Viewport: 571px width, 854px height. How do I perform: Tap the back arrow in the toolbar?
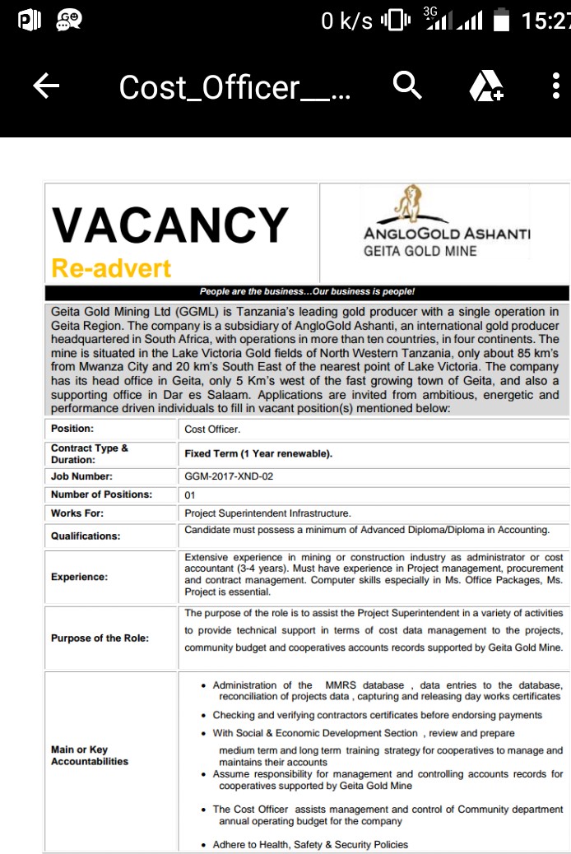tap(47, 86)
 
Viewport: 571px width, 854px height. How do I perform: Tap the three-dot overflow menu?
tap(557, 86)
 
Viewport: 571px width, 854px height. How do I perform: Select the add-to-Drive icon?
tap(485, 86)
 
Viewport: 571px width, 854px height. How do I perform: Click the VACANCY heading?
tap(169, 225)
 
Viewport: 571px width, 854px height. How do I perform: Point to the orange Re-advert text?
tap(111, 268)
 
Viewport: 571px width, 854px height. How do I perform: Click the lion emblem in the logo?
tap(408, 203)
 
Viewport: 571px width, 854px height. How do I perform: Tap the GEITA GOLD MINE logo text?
tap(420, 251)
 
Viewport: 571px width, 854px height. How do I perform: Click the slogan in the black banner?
tap(307, 292)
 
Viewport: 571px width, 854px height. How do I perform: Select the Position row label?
tap(72, 429)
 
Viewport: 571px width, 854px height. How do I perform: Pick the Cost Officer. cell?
tap(212, 429)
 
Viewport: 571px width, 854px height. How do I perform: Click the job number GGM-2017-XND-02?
tap(229, 476)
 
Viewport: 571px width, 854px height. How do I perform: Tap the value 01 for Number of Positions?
tap(190, 495)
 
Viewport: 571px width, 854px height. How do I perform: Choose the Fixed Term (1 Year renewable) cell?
tap(258, 453)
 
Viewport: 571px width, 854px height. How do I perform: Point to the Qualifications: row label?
tap(86, 536)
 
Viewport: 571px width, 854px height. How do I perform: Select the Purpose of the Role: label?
tap(100, 638)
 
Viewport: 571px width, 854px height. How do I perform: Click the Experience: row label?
tap(79, 577)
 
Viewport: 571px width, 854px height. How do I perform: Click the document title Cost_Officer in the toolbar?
tap(234, 86)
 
